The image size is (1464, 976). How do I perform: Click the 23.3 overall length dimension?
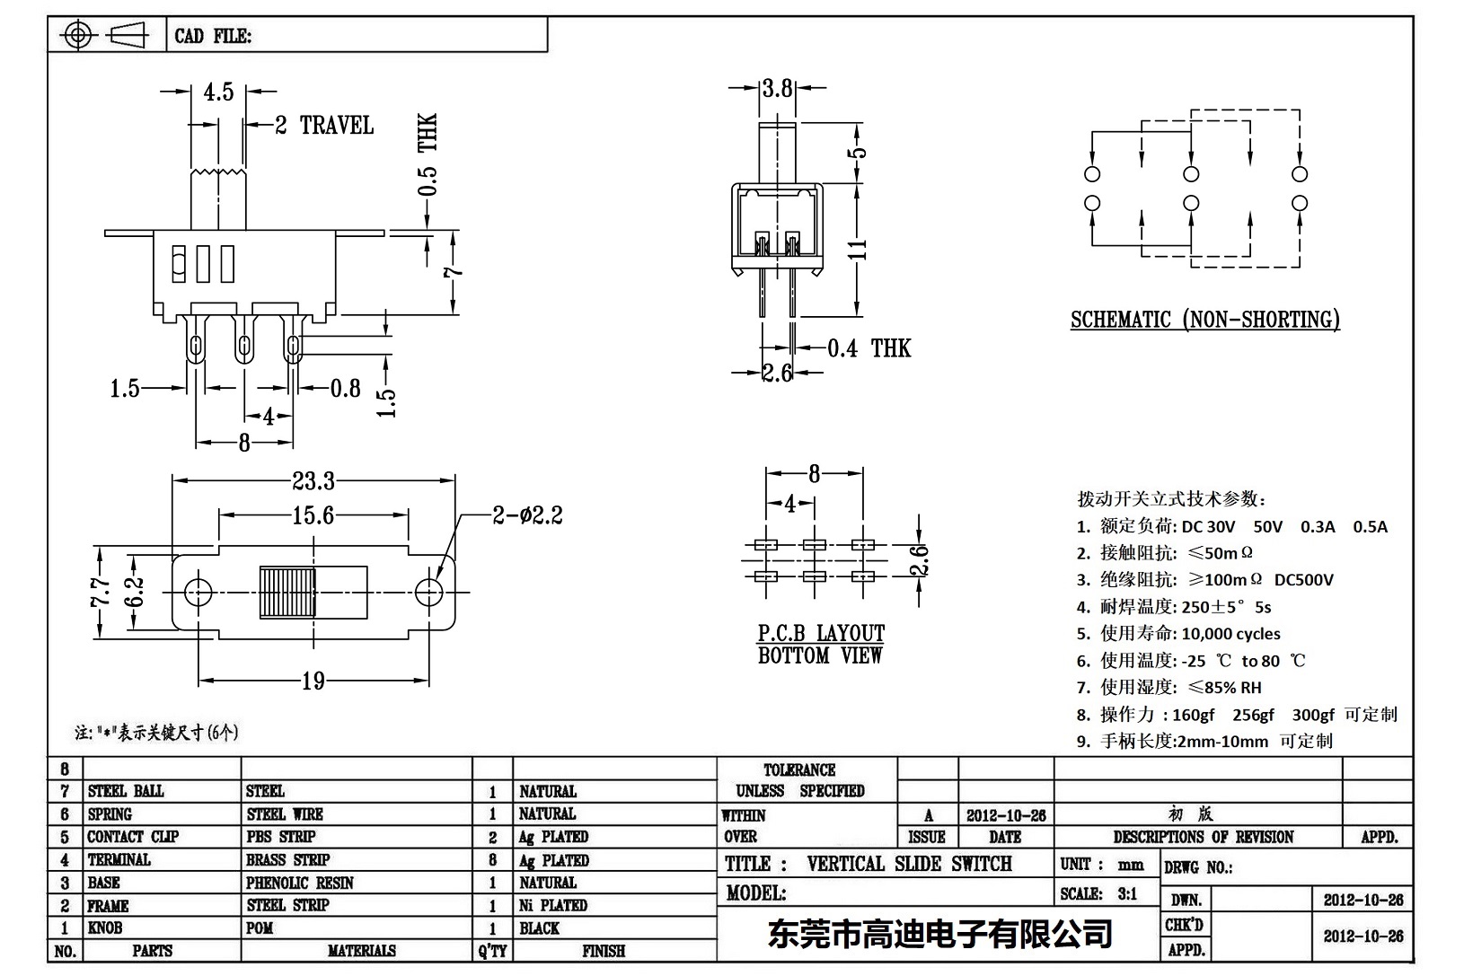click(x=313, y=482)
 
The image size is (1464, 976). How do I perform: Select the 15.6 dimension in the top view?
click(x=313, y=515)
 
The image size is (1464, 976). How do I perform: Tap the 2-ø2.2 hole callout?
click(x=527, y=515)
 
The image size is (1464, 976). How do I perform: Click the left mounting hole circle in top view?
click(x=198, y=591)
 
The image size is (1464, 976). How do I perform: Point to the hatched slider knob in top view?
click(x=287, y=592)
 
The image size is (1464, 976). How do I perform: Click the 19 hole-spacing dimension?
click(x=313, y=681)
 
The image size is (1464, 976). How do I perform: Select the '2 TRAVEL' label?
click(x=324, y=126)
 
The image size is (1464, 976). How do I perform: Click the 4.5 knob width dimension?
click(x=218, y=92)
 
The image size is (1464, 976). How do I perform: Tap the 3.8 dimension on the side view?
click(x=778, y=88)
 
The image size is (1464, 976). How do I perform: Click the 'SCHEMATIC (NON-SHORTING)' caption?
click(x=1204, y=320)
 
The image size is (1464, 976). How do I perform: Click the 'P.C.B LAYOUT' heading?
click(x=821, y=633)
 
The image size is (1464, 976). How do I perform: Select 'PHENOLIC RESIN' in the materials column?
click(x=300, y=883)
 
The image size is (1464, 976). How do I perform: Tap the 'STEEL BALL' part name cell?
click(x=126, y=791)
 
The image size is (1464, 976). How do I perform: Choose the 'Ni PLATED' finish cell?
click(x=553, y=905)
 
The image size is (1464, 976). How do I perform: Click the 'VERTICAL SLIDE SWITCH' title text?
click(x=909, y=864)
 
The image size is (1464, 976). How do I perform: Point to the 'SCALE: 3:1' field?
click(x=1098, y=893)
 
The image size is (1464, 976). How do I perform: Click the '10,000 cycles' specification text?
click(x=1230, y=634)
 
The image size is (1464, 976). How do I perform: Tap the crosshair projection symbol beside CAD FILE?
click(x=78, y=36)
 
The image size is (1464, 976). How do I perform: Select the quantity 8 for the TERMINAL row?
click(x=492, y=860)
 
